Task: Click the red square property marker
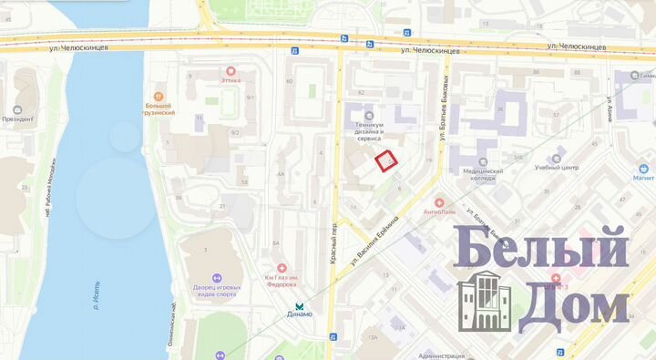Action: click(387, 161)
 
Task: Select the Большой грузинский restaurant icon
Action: click(159, 95)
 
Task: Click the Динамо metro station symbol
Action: click(300, 304)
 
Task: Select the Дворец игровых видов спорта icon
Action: click(218, 278)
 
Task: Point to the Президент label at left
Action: click(16, 118)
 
